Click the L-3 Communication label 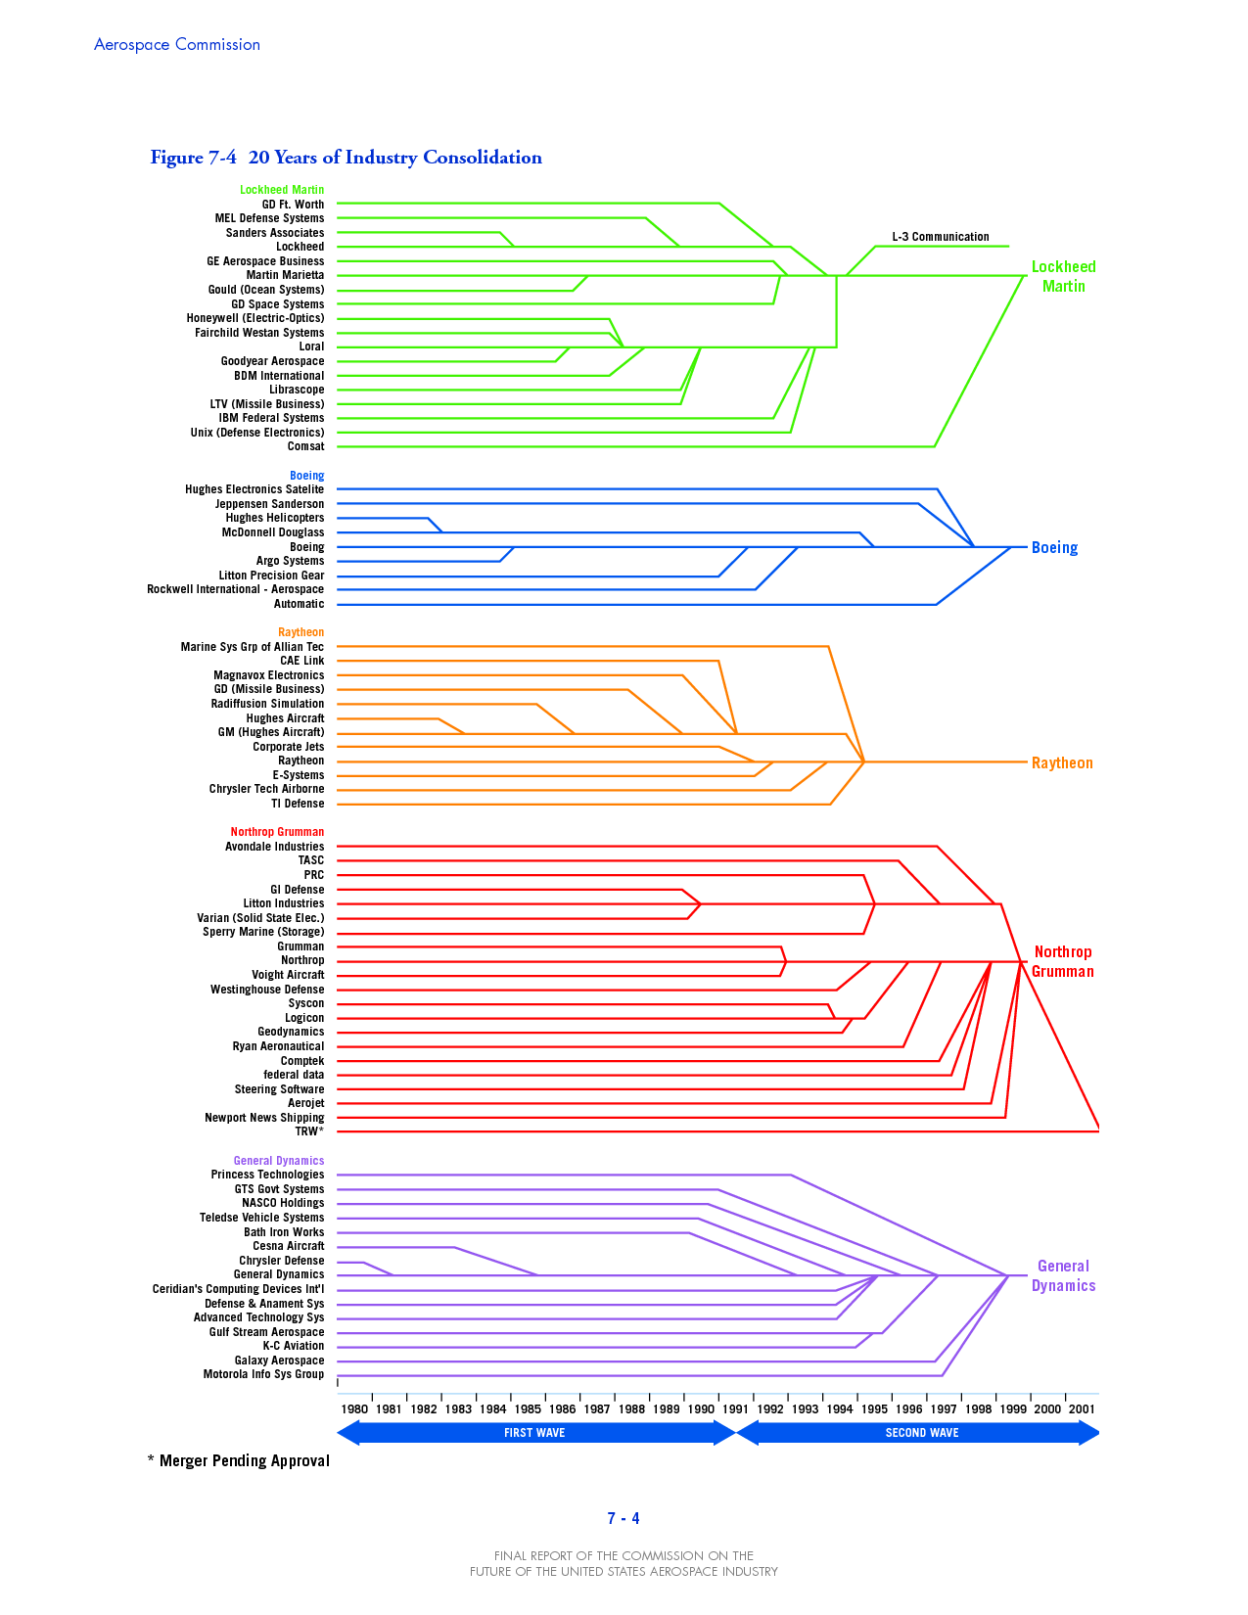click(940, 237)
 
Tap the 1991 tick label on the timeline click(735, 1409)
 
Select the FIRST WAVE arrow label click(534, 1433)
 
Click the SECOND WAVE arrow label click(922, 1433)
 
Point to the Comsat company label click(305, 446)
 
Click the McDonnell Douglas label click(273, 532)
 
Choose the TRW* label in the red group click(309, 1131)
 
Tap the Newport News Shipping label click(264, 1118)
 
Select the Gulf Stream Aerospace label click(266, 1332)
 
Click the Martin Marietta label click(285, 275)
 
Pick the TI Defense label click(298, 804)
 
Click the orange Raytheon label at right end click(1062, 763)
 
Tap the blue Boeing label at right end click(1054, 548)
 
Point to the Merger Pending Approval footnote click(239, 1461)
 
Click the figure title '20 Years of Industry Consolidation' click(394, 158)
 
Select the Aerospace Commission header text click(177, 45)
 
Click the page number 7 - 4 click(624, 1519)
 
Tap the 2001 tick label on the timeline click(1082, 1409)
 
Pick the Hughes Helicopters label click(275, 518)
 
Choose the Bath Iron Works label click(284, 1232)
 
